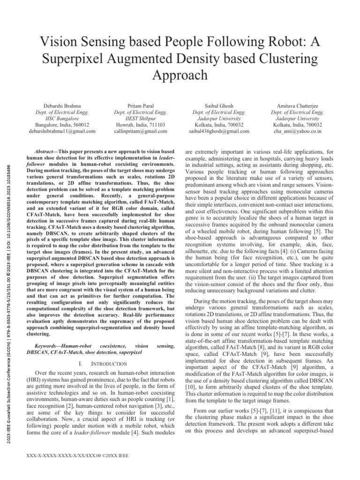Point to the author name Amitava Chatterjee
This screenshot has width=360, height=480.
pos(297,105)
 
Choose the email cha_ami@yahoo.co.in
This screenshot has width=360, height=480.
pos(297,132)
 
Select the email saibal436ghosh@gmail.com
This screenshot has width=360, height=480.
pos(219,132)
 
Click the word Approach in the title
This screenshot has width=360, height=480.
pos(180,75)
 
